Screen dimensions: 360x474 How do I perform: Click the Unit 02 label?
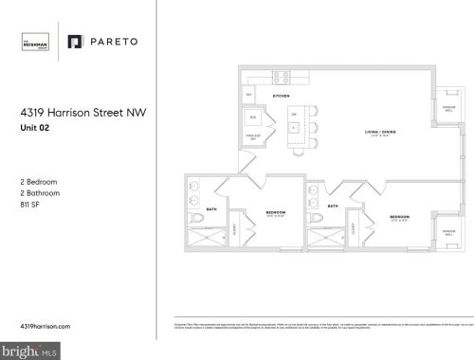click(34, 129)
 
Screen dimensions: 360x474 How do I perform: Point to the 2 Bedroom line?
click(40, 179)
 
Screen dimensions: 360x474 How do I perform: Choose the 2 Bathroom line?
click(41, 190)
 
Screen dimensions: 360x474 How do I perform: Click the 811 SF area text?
click(31, 203)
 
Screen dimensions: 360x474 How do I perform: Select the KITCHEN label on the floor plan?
click(281, 97)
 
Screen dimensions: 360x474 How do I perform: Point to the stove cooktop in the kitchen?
click(281, 77)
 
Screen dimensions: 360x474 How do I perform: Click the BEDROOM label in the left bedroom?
click(276, 212)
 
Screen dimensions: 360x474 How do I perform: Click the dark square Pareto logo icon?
click(76, 42)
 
